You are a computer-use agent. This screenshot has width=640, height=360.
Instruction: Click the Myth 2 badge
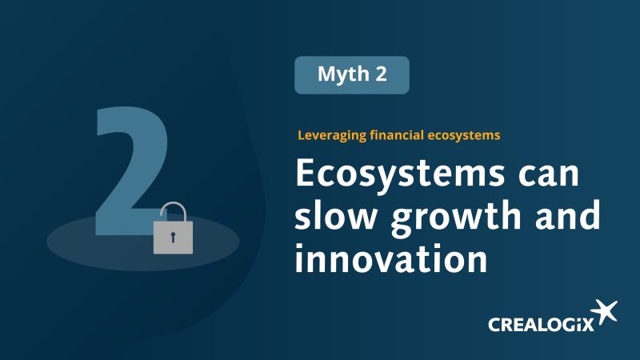pyautogui.click(x=352, y=75)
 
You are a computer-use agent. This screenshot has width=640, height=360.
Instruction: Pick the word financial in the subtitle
pyautogui.click(x=396, y=135)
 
